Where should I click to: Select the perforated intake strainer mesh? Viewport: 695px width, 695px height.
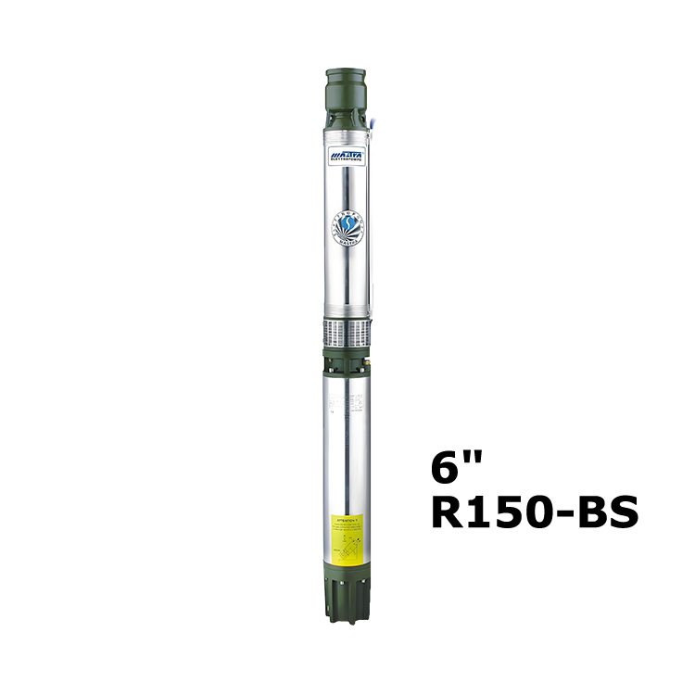coord(347,330)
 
